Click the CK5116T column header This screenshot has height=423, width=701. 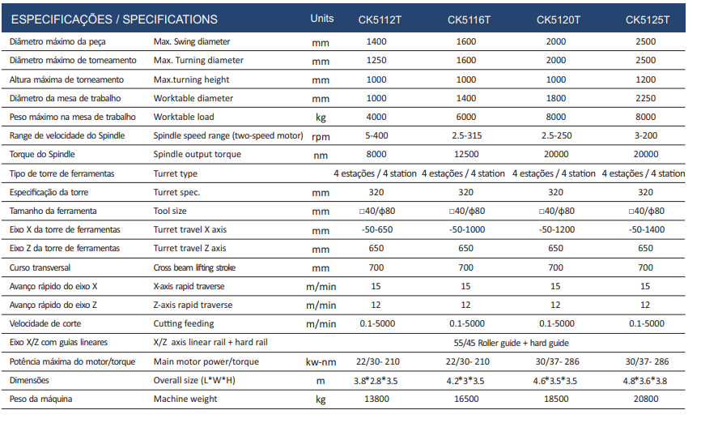tap(469, 19)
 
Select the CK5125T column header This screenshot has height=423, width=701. tap(648, 19)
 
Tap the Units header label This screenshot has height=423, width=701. tap(322, 19)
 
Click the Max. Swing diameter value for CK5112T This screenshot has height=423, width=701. tap(376, 41)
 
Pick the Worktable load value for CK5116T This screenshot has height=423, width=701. tap(465, 117)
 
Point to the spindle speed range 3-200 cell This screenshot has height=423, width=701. tap(646, 135)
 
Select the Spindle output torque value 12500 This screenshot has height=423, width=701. tap(465, 155)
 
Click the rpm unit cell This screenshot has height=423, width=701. tap(321, 136)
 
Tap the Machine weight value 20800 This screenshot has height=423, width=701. tap(646, 399)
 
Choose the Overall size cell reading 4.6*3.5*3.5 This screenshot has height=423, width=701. tap(554, 381)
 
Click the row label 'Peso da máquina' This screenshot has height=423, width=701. tap(40, 399)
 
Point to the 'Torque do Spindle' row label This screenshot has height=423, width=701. tap(42, 155)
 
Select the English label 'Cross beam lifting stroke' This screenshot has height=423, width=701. tap(194, 267)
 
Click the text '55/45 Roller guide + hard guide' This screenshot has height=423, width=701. tap(511, 343)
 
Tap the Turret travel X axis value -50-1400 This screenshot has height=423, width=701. tap(647, 229)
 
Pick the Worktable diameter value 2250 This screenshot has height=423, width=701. tap(646, 98)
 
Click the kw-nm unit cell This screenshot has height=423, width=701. tap(321, 362)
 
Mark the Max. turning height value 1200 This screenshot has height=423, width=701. tap(646, 79)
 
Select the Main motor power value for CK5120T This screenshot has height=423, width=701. tap(557, 361)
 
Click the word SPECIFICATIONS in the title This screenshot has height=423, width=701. tap(170, 19)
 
